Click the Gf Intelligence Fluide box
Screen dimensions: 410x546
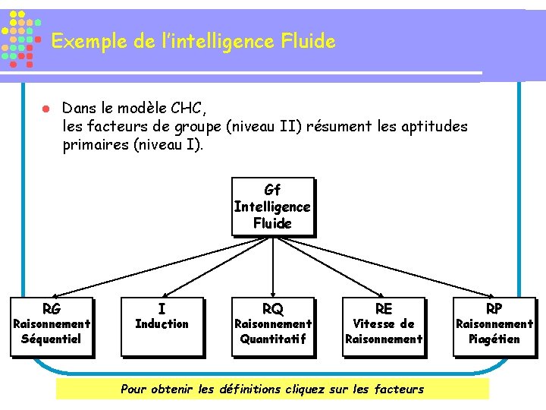coord(272,207)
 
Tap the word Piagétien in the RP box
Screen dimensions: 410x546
coord(494,339)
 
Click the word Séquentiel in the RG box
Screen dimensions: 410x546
coord(51,339)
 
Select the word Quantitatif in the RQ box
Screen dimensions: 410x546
coord(272,339)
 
